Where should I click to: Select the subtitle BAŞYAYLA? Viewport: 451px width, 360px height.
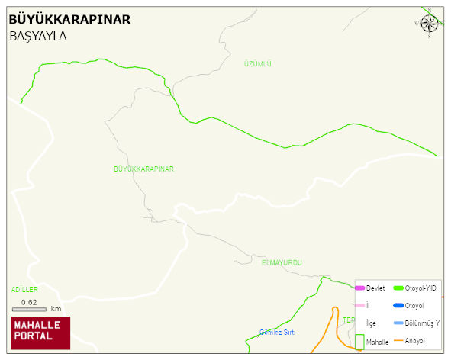[38, 36]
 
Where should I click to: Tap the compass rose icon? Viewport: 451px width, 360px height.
[429, 23]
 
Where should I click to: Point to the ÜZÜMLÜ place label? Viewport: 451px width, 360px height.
[257, 64]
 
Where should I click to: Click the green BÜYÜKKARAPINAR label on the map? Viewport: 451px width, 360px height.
[143, 169]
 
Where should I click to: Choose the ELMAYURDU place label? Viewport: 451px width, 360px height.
[282, 262]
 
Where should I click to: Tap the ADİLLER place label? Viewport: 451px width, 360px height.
[24, 290]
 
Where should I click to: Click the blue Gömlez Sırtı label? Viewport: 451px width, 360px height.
[277, 333]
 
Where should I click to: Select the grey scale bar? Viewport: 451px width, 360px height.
[29, 309]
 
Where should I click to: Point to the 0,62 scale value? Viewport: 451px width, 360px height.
[29, 302]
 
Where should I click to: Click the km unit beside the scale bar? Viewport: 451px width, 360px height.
[56, 309]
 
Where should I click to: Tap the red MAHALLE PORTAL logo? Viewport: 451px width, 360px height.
[40, 333]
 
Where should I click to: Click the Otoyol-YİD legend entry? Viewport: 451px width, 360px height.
[420, 288]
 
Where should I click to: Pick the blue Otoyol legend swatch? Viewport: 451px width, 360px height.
[398, 305]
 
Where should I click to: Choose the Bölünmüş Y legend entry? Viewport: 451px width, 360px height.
[421, 323]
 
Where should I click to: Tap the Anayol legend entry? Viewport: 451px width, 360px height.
[415, 340]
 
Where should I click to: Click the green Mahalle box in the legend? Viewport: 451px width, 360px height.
[359, 342]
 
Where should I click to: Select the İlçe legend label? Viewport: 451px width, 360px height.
[371, 323]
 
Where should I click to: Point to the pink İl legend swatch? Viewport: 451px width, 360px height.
[359, 305]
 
